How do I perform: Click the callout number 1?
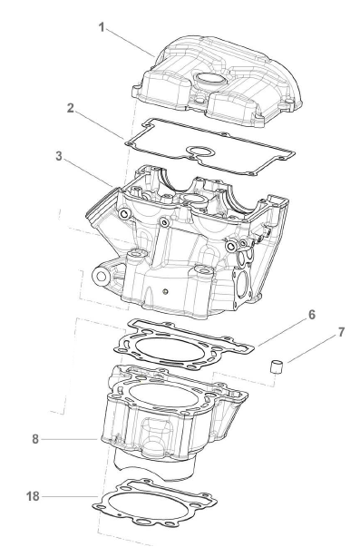coord(102,27)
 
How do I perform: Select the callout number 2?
coord(71,108)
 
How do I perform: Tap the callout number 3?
coord(59,156)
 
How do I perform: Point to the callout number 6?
coord(312,315)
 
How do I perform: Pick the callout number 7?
coord(341,332)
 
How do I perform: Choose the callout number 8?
coord(35,439)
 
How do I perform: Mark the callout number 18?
coord(34,496)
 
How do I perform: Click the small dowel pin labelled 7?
coord(277,367)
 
